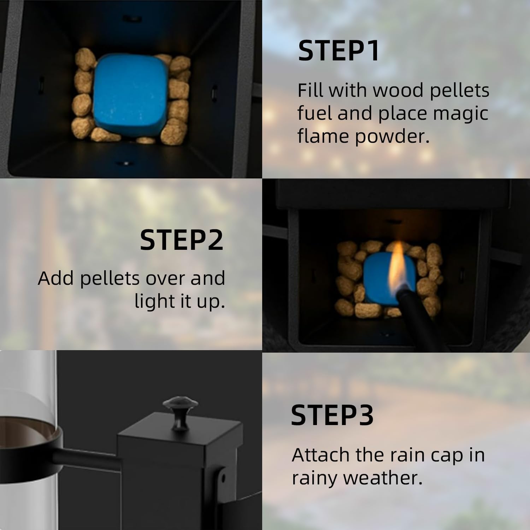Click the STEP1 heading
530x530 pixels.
338,51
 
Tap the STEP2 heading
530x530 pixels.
182,240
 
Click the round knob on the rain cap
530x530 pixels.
180,406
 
